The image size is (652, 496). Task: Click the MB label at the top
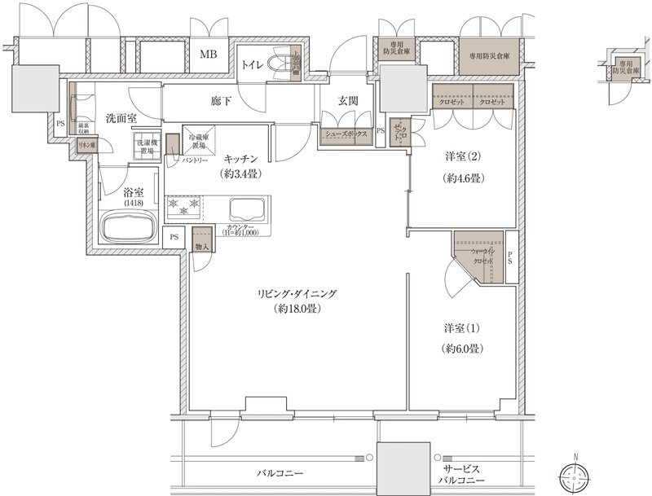pyautogui.click(x=209, y=55)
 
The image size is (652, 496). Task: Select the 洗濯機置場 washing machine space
pyautogui.click(x=148, y=147)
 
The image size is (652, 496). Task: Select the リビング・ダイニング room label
pyautogui.click(x=297, y=301)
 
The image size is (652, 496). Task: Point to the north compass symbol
pyautogui.click(x=578, y=475)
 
